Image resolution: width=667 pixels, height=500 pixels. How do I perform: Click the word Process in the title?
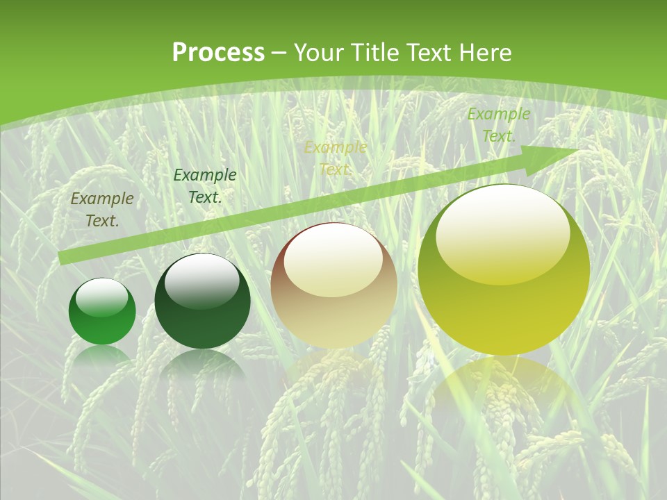[x=218, y=53]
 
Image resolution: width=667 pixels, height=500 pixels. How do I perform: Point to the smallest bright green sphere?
[x=102, y=312]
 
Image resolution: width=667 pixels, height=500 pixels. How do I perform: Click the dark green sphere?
[x=202, y=301]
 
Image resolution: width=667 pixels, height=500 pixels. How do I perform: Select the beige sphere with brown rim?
[x=334, y=286]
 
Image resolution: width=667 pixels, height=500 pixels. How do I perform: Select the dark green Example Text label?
[x=205, y=186]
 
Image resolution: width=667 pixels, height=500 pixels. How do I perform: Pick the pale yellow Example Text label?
[x=336, y=158]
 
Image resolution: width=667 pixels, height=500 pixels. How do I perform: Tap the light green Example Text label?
[x=498, y=125]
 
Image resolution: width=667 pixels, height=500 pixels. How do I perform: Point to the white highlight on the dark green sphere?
[x=201, y=281]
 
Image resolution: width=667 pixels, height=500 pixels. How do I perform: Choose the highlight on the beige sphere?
[x=333, y=258]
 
